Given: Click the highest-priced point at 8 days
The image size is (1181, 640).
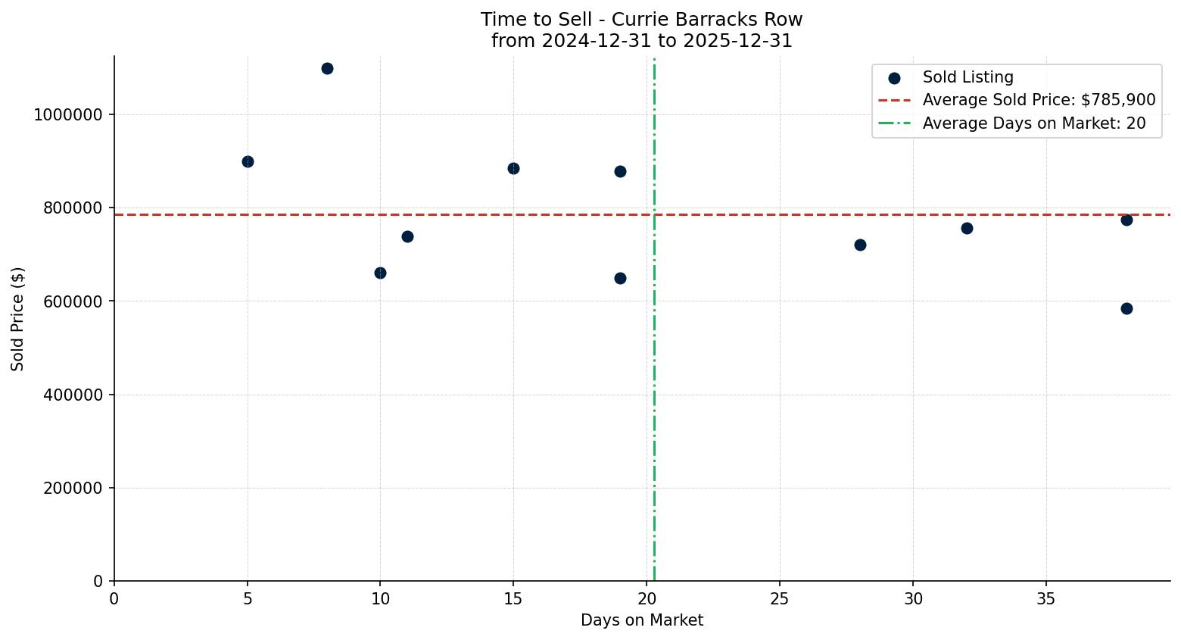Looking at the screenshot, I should (x=327, y=68).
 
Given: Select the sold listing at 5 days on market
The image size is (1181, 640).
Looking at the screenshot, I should (x=248, y=161).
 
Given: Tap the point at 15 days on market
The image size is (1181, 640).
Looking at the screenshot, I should (x=513, y=168).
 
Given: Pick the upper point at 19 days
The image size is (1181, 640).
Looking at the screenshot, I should (x=620, y=171).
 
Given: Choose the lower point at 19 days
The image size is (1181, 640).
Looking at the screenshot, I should (x=620, y=278).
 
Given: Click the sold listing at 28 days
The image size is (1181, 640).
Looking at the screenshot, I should (x=860, y=245).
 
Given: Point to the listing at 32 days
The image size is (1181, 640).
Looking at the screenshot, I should (x=967, y=228).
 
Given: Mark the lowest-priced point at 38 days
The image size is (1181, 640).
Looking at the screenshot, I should (x=1126, y=308).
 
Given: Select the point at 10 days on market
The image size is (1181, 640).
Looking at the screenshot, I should (x=380, y=273).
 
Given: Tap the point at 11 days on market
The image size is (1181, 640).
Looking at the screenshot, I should (x=407, y=236).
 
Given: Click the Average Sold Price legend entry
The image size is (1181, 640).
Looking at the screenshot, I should (x=1038, y=100).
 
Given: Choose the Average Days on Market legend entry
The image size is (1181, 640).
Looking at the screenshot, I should (x=1033, y=123).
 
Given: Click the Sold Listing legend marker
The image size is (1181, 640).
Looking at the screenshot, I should (x=894, y=78).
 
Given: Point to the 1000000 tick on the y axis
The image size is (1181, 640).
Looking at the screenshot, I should (x=68, y=115).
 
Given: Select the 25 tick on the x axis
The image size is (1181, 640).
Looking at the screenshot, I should (x=780, y=599).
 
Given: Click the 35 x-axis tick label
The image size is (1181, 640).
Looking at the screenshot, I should (x=1045, y=599).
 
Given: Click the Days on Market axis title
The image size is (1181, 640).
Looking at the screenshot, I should (x=642, y=620).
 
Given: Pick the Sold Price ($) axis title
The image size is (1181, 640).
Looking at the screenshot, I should (x=18, y=319).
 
